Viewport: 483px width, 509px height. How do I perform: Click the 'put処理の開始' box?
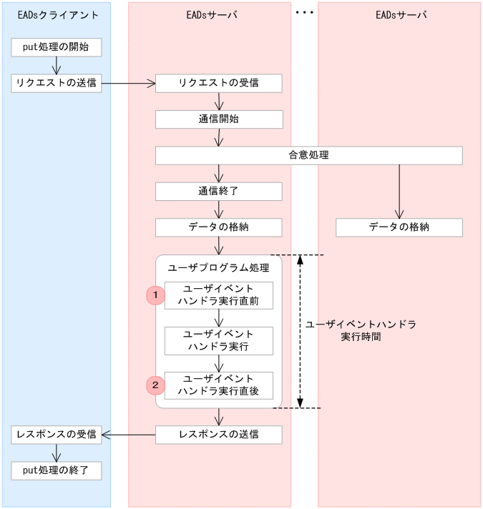[56, 48]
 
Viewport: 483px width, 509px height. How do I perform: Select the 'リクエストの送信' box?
[56, 84]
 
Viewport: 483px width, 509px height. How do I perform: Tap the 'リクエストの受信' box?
[219, 84]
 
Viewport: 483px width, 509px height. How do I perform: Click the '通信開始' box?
[219, 119]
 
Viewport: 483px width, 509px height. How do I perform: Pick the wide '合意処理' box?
[309, 155]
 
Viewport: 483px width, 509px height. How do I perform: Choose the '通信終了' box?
[219, 192]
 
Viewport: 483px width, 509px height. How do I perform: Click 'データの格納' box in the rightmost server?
[399, 227]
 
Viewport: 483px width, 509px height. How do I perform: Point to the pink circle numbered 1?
[155, 295]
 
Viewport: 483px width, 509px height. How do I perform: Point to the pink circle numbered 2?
[155, 385]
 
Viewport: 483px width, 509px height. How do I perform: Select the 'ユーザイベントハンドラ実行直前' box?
[219, 295]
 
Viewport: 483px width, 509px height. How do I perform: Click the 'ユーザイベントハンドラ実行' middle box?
[219, 341]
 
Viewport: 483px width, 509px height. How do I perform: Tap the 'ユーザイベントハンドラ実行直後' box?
[219, 385]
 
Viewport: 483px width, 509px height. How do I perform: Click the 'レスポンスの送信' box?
[219, 435]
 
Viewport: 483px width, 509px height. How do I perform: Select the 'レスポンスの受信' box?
[56, 435]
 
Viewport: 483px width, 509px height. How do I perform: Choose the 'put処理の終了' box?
[56, 470]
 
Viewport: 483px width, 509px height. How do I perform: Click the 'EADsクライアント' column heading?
[56, 15]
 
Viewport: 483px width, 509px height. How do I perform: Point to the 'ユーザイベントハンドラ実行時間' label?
[361, 330]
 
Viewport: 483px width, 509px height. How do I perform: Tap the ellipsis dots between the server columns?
[304, 13]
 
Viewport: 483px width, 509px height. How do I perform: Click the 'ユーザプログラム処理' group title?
[218, 268]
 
